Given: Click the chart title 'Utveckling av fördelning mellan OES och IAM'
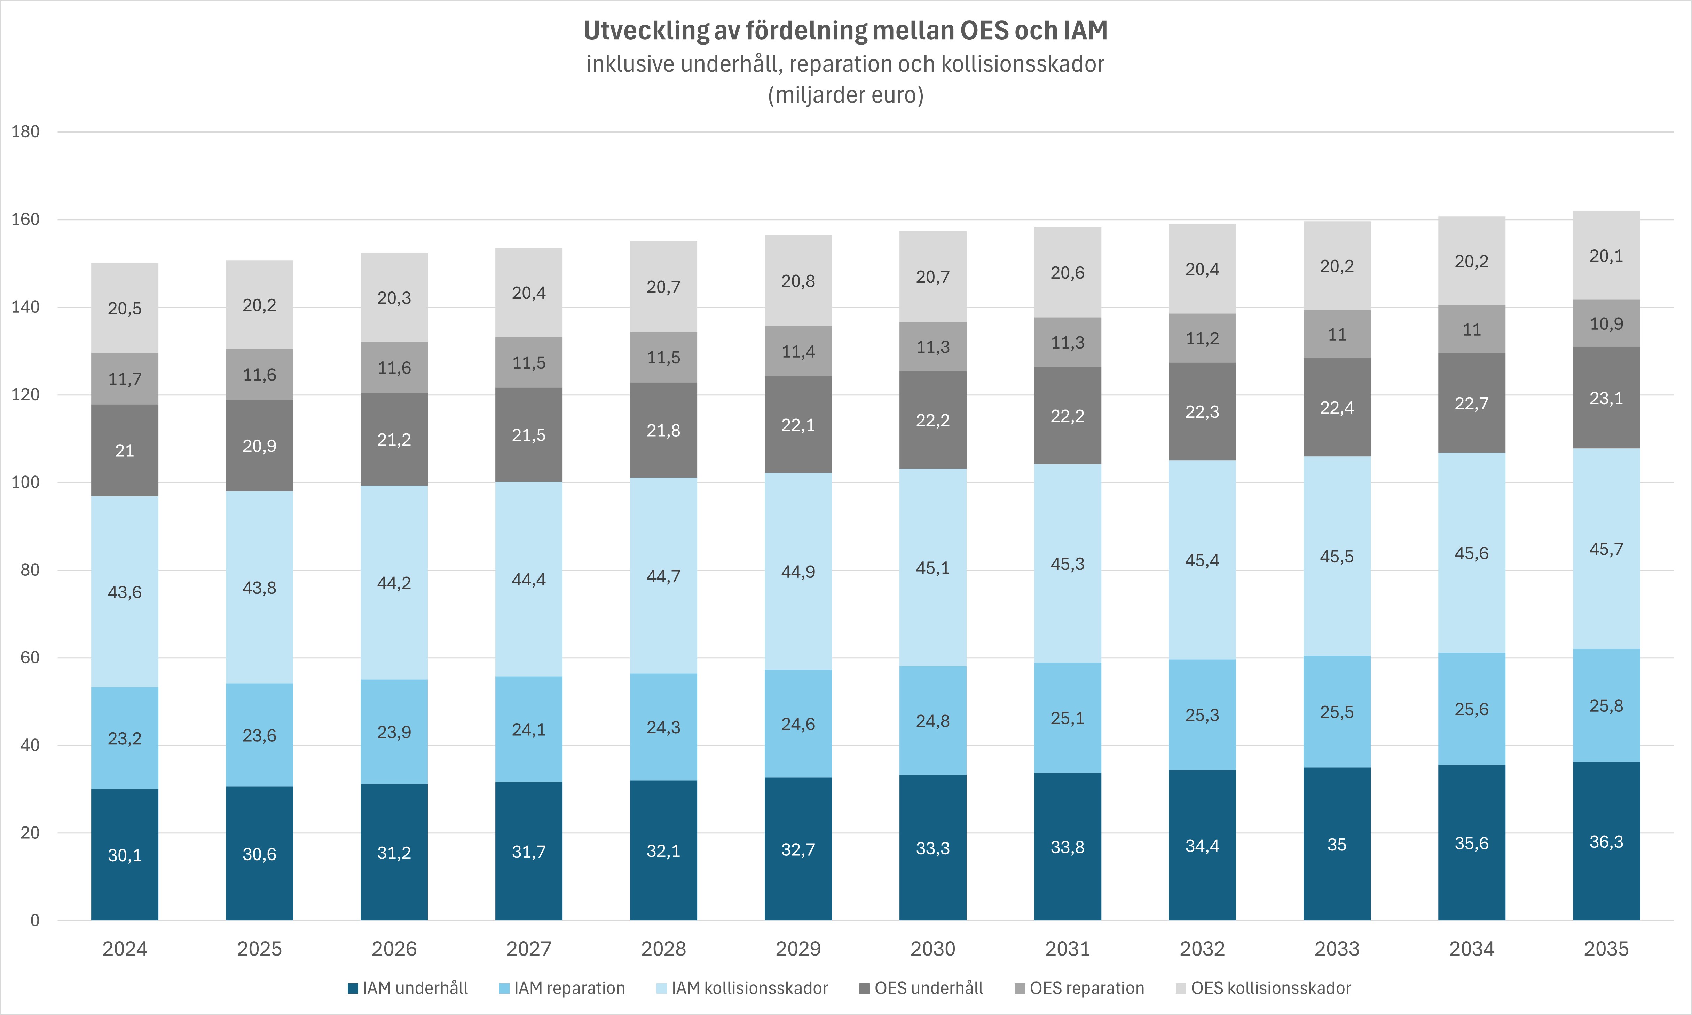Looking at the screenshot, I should [845, 31].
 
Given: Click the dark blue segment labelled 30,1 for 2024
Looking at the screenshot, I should [125, 855].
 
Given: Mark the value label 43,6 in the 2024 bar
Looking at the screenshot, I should [125, 592].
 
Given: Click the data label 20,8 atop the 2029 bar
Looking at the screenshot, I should [798, 281].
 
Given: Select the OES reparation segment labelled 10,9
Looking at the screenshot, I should [1606, 323].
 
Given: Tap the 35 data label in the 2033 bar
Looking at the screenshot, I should [1337, 845].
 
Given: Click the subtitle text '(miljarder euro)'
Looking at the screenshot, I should [845, 94].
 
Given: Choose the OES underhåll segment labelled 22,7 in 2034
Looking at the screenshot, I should [1471, 403].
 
